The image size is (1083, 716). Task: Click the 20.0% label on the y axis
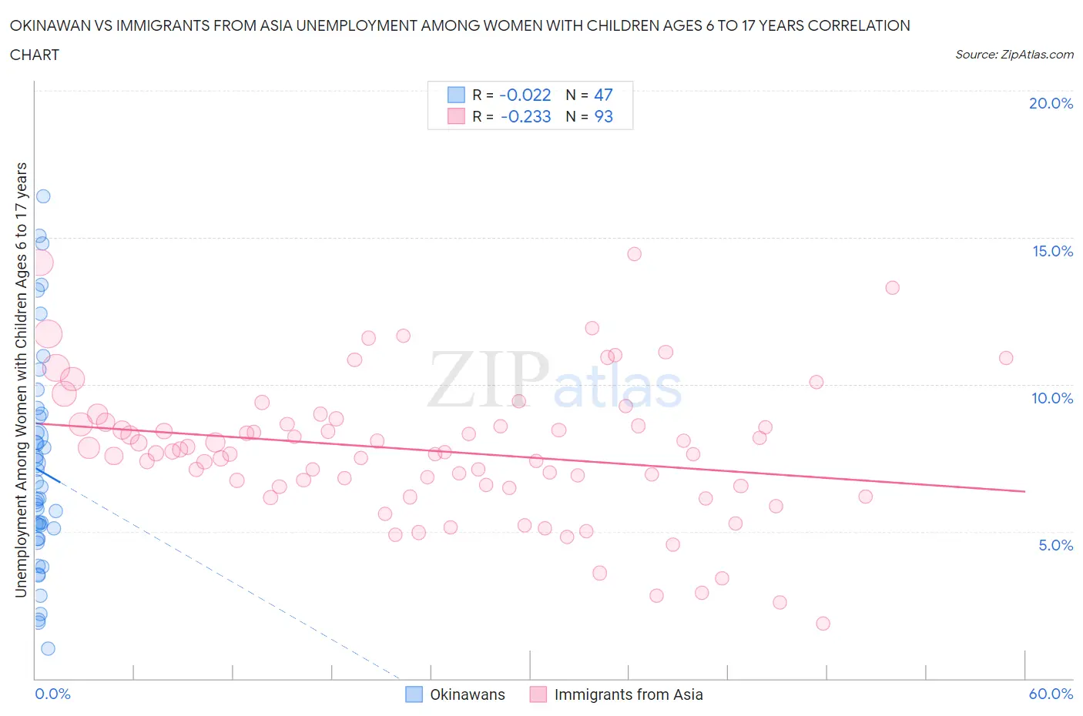click(1051, 103)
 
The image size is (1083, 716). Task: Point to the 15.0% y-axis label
click(1052, 251)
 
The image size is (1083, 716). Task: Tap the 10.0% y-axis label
click(1052, 398)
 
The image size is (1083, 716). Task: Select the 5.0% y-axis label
click(1055, 545)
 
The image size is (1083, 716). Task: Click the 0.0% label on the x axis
click(52, 694)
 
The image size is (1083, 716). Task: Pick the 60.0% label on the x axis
click(1051, 694)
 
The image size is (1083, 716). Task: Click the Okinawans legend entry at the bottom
click(467, 694)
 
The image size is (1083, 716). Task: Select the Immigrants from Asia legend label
click(628, 694)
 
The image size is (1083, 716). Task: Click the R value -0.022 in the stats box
click(525, 95)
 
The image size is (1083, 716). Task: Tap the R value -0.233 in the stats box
click(525, 116)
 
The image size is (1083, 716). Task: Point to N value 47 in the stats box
click(603, 95)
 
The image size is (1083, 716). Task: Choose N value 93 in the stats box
click(603, 116)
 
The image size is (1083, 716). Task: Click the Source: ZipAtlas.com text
click(1014, 55)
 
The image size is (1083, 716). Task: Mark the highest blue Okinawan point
click(43, 196)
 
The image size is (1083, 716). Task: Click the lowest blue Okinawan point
click(48, 648)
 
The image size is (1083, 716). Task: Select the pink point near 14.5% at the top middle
click(634, 254)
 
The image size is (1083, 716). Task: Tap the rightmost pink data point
click(1006, 358)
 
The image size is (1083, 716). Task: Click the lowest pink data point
click(823, 624)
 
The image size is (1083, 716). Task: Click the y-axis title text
click(22, 380)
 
